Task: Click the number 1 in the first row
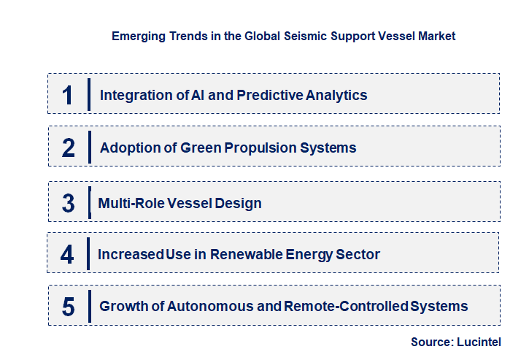pos(67,96)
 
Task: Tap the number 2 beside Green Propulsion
pos(68,148)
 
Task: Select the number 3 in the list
pos(68,204)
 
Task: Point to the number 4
pos(67,255)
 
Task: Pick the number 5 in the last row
pos(68,307)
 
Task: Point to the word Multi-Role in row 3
pos(126,204)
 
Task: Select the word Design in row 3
pos(237,204)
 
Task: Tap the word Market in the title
pos(436,36)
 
